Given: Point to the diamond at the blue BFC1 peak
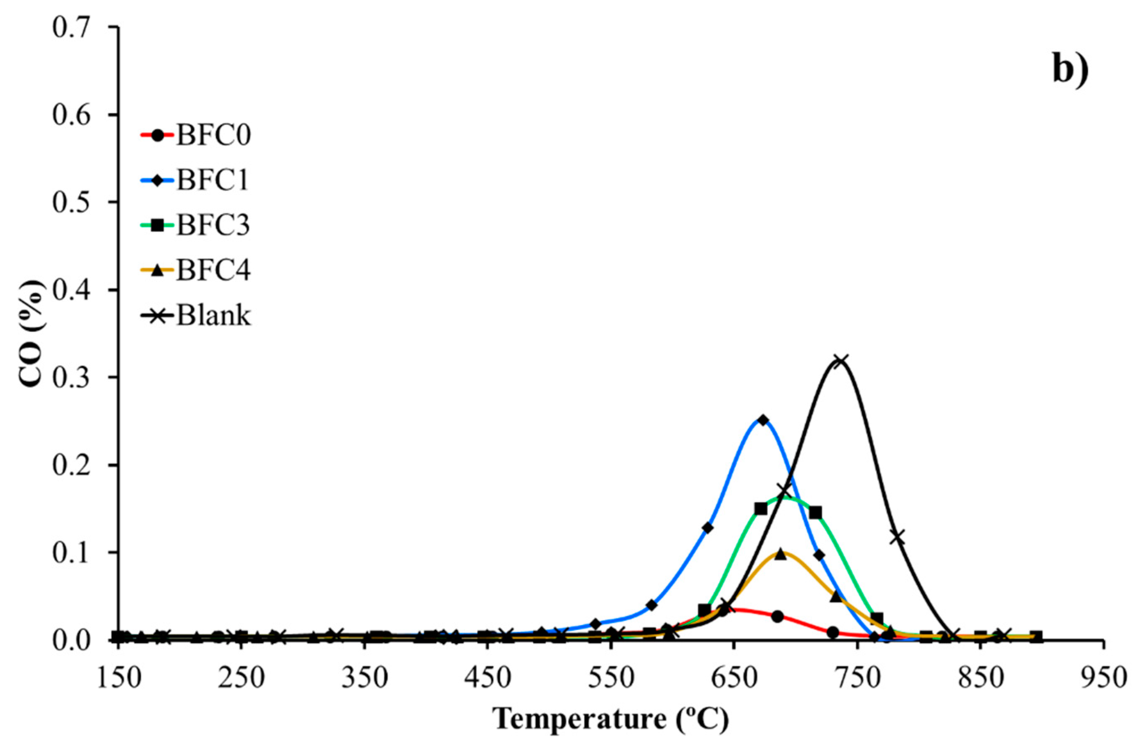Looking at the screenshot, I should [763, 421].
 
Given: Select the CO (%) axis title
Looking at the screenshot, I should [33, 334].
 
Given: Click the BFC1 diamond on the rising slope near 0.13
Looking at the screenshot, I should [708, 528].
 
